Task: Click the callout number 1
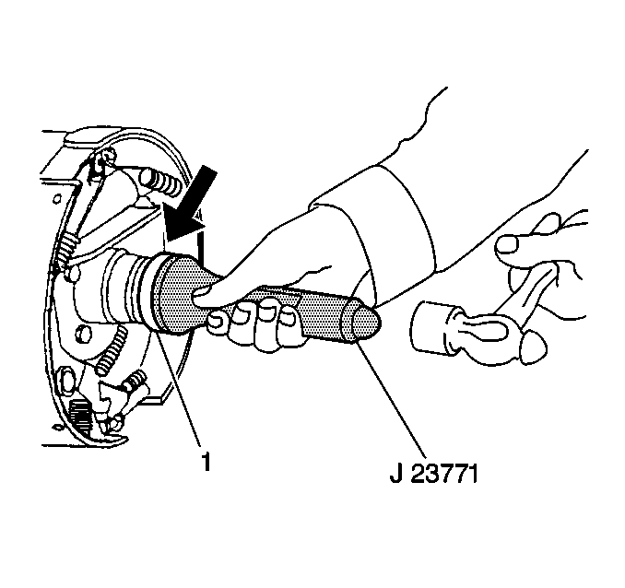tap(206, 463)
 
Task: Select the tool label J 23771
tap(433, 474)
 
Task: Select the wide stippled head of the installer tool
tap(175, 293)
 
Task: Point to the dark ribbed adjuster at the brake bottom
tap(81, 416)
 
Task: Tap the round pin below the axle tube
tap(82, 333)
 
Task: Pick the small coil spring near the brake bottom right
tap(136, 382)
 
